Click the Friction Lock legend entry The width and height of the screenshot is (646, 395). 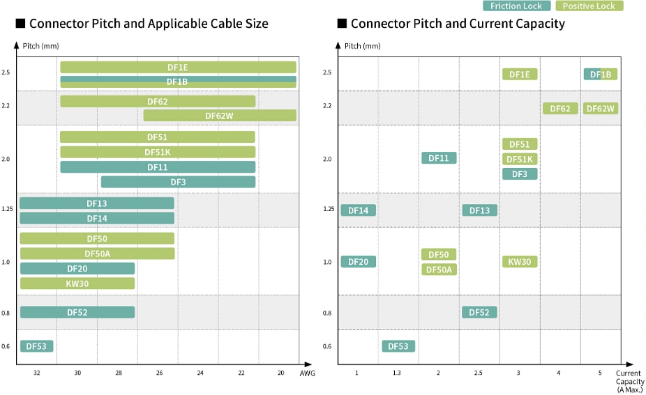516,6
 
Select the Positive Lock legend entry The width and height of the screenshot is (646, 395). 589,6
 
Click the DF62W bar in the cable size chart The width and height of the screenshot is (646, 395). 220,116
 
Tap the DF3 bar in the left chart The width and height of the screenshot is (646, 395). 178,182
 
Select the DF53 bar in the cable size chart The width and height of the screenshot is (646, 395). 36,346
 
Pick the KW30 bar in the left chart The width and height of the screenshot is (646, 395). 77,284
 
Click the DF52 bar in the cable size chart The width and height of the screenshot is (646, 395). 77,312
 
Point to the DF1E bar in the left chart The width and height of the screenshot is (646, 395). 178,68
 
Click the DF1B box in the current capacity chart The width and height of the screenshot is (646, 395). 600,75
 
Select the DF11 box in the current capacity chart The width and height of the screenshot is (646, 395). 439,158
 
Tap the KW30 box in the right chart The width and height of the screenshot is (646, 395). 520,262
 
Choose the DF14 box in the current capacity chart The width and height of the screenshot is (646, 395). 358,210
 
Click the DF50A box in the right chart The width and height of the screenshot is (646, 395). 439,270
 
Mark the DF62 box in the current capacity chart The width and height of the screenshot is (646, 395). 560,109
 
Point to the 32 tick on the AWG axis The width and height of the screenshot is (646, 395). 37,373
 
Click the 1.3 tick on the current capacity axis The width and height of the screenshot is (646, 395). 397,373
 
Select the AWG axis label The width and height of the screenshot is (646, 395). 307,374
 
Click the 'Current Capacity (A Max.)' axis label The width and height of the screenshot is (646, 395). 629,382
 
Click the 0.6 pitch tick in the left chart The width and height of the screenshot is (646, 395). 6,346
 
